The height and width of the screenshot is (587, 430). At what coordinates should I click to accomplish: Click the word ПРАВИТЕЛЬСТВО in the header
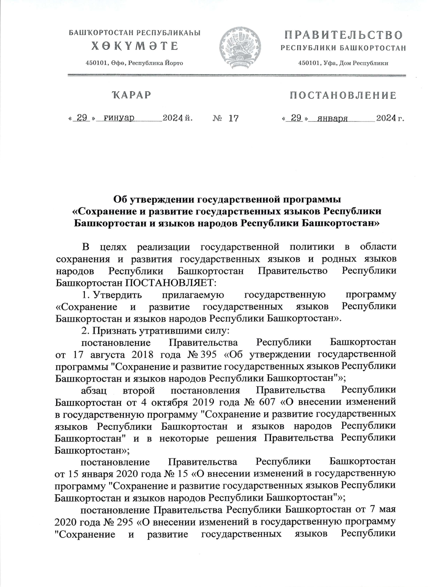click(x=343, y=35)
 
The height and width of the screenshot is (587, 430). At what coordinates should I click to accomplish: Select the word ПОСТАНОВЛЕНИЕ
click(x=343, y=95)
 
